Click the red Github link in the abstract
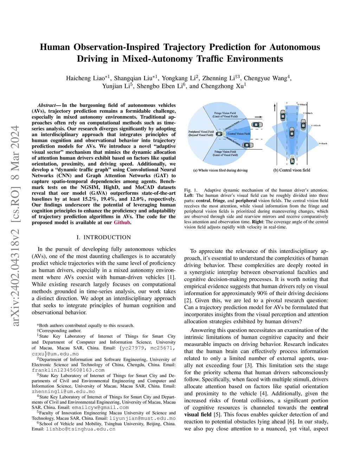(122, 223)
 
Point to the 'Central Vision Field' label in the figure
(239, 134)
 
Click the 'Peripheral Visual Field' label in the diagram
(201, 133)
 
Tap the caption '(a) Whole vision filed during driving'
(220, 170)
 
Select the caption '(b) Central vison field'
(292, 170)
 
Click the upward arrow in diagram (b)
(275, 107)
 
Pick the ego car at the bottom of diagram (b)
(292, 160)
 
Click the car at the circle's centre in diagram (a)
(220, 134)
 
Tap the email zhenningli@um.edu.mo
(63, 391)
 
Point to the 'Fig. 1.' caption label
(191, 190)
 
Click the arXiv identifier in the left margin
(15, 225)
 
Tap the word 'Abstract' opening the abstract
(47, 105)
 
